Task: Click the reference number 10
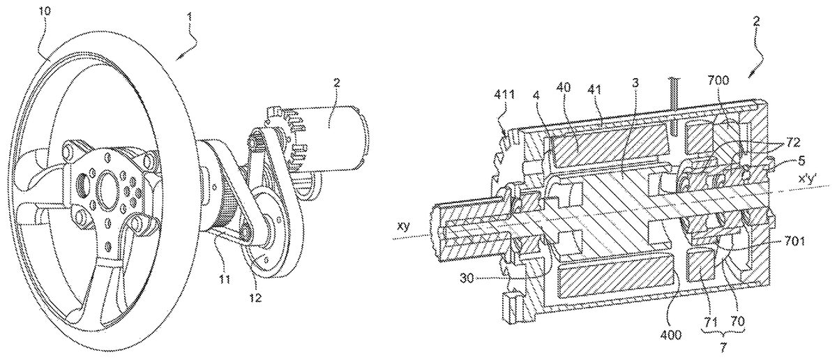[x=44, y=11]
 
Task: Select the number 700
[x=718, y=80]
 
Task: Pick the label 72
[x=793, y=142]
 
